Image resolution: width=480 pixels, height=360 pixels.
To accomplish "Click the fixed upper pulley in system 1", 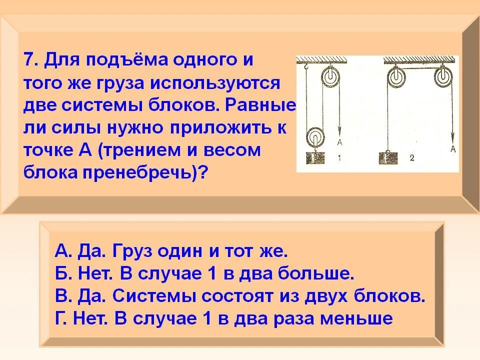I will coord(330,77).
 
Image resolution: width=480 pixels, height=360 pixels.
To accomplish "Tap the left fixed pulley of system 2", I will coord(394,77).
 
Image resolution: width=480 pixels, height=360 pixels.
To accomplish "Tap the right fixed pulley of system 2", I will coord(442,77).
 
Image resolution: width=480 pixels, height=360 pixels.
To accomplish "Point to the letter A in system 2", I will coord(453,148).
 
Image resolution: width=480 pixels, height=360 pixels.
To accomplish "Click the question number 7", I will coord(29,60).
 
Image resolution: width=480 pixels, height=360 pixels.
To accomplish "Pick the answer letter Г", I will coord(59,318).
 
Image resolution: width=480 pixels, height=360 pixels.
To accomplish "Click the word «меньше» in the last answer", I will coord(361,318).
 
